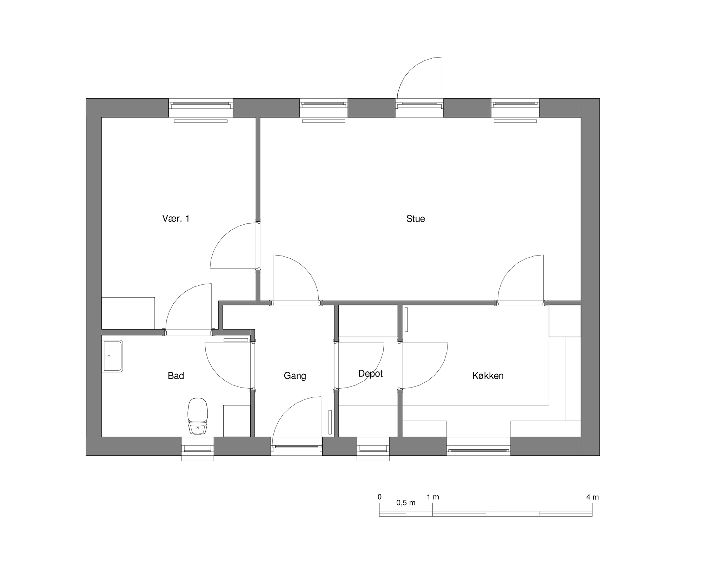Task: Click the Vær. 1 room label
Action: [x=176, y=219]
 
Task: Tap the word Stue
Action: [x=416, y=219]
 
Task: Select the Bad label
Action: [x=176, y=376]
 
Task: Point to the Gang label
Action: [x=295, y=376]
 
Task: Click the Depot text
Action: [x=370, y=374]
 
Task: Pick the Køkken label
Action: [x=488, y=376]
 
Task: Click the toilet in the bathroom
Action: [x=198, y=416]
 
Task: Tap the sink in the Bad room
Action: [x=112, y=356]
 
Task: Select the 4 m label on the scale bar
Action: [x=592, y=497]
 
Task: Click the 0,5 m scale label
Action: [x=406, y=503]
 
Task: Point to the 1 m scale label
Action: [x=433, y=497]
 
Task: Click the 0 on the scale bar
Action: [x=379, y=497]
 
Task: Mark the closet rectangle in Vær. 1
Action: [x=128, y=313]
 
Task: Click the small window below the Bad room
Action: [x=198, y=449]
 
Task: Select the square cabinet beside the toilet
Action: [x=237, y=421]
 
